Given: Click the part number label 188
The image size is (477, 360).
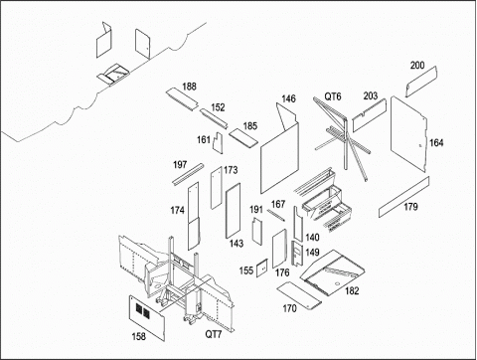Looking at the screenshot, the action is click(189, 87).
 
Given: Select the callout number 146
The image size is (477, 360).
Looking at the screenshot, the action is click(288, 98).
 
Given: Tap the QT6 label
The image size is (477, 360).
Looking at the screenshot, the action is click(333, 96).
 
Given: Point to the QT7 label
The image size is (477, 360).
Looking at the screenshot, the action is click(214, 334).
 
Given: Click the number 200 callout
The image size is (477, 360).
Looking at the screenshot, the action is click(417, 66).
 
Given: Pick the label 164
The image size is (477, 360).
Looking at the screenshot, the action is click(436, 143).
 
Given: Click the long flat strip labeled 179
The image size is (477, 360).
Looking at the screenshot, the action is click(404, 197).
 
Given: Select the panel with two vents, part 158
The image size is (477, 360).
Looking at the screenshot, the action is click(147, 318).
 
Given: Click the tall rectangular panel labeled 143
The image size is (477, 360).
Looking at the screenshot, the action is click(233, 211).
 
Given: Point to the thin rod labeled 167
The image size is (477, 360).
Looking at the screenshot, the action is click(276, 215).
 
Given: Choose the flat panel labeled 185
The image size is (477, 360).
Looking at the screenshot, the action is click(243, 138).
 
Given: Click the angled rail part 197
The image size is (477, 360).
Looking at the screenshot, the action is click(188, 174).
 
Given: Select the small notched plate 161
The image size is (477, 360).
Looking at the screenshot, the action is click(218, 143).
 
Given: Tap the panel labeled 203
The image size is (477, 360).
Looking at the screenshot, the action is click(370, 115).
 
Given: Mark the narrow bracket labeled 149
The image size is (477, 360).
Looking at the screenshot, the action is click(297, 254).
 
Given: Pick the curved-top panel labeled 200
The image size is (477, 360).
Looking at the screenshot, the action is click(421, 82).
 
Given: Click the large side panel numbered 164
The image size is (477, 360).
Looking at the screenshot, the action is click(407, 133).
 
